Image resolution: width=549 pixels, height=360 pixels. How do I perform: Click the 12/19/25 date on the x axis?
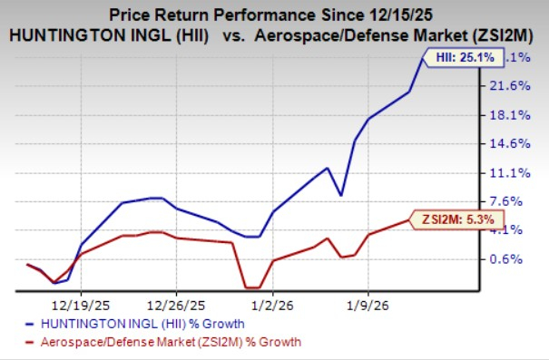(81, 306)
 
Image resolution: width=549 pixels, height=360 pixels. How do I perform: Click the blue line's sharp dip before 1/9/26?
(339, 195)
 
